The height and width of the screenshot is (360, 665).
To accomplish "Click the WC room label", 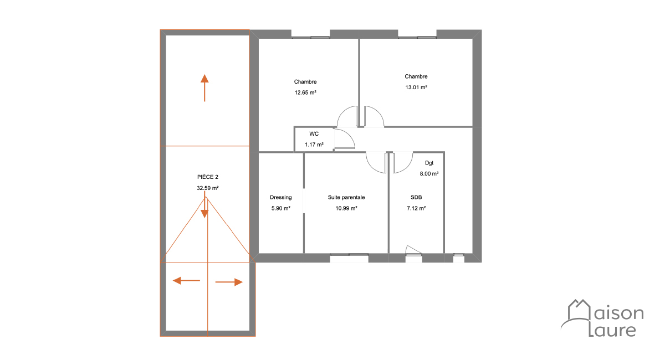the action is tap(314, 134).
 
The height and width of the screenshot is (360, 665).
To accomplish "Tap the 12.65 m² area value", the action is tap(305, 92).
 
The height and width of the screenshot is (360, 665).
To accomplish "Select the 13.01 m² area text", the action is tap(416, 88).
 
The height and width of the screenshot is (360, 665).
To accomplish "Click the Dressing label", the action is tap(280, 197).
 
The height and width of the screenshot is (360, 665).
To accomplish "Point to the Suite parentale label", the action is tap(346, 197).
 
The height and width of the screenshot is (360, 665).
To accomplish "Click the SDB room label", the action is tap(416, 197).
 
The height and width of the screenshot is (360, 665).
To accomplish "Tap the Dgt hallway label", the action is tap(429, 163).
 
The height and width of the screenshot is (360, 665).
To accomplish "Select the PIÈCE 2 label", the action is tap(207, 177).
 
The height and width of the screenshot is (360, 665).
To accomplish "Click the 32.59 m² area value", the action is tap(207, 188).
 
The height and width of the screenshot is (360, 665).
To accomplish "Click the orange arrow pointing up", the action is tap(204, 88).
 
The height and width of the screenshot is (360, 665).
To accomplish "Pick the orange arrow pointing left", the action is tap(186, 280).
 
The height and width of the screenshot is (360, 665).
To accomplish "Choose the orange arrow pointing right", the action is tap(229, 282).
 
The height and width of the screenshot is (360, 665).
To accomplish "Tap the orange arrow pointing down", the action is tap(204, 205).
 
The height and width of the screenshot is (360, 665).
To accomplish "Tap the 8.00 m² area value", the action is tap(429, 173).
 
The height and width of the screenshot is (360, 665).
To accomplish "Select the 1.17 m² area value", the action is tap(314, 145).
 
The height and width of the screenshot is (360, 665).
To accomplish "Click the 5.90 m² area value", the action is tap(280, 208).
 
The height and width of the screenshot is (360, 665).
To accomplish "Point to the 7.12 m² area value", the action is tap(416, 208).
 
